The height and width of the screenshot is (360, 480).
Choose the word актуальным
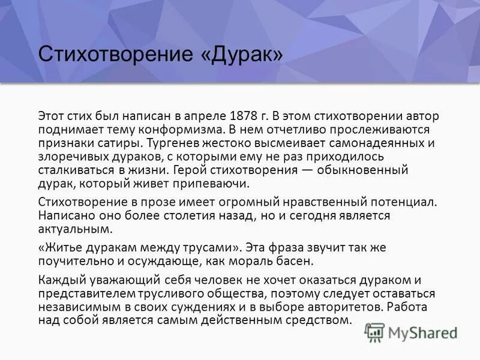tap(74, 229)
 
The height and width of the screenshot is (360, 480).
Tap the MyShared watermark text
tap(423, 332)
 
